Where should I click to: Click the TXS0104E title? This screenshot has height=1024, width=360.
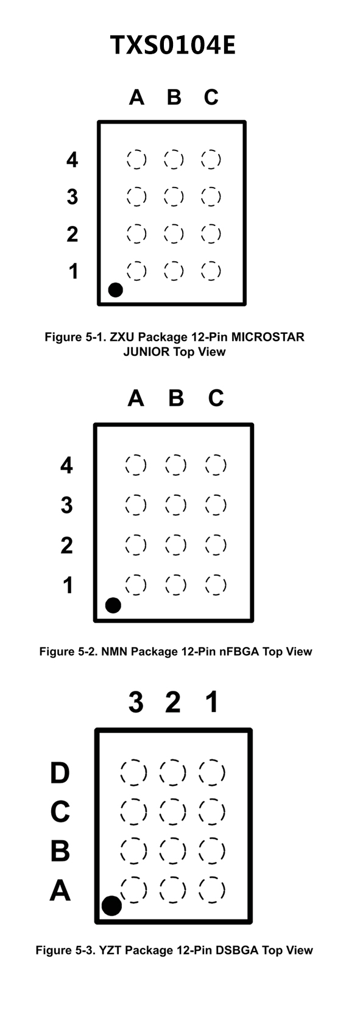(x=173, y=45)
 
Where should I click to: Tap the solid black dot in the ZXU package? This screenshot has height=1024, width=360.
(x=116, y=289)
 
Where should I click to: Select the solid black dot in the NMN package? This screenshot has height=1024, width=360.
(x=113, y=606)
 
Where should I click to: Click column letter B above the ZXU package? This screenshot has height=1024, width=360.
(x=174, y=97)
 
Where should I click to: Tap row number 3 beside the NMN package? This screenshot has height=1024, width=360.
(x=67, y=505)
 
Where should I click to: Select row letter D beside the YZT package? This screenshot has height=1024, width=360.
(x=60, y=772)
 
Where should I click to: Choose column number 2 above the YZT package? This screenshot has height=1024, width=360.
(x=173, y=702)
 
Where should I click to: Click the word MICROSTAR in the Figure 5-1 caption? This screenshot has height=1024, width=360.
(x=268, y=337)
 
